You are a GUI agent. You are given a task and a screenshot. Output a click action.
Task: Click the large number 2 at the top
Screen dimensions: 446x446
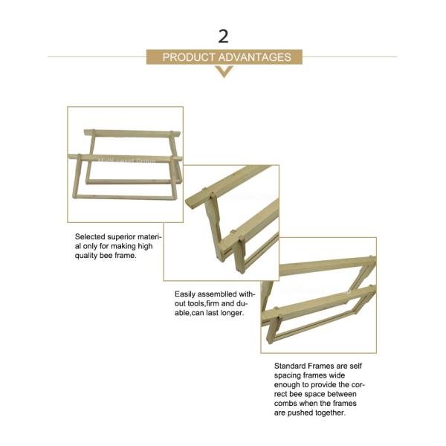pyautogui.click(x=223, y=36)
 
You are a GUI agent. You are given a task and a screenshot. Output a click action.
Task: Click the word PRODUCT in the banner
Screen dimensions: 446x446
pyautogui.click(x=189, y=57)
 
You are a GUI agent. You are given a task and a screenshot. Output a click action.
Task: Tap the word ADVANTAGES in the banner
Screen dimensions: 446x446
pyautogui.click(x=255, y=57)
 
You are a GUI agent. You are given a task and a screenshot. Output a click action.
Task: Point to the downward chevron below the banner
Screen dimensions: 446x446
pyautogui.click(x=224, y=71)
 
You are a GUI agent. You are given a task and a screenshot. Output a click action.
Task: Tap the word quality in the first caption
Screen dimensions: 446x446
pyautogui.click(x=86, y=256)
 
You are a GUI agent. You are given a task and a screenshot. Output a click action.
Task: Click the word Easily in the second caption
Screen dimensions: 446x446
pyautogui.click(x=185, y=294)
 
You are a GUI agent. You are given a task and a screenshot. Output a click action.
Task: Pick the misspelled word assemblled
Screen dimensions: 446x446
pyautogui.click(x=218, y=294)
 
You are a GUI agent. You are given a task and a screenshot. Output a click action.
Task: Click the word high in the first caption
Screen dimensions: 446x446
pyautogui.click(x=145, y=246)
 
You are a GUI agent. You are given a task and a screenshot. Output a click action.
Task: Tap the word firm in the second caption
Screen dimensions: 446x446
pyautogui.click(x=213, y=303)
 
